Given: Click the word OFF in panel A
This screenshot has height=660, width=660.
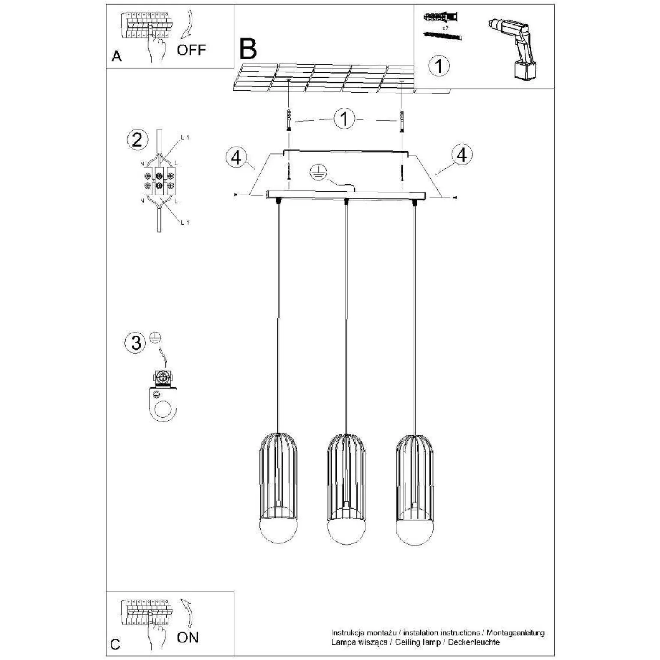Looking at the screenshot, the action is click(x=191, y=50).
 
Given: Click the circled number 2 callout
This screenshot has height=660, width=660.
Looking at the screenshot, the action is click(x=137, y=140).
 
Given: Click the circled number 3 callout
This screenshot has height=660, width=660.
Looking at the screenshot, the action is click(x=136, y=342).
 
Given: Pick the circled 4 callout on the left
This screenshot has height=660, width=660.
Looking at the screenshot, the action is click(x=236, y=158).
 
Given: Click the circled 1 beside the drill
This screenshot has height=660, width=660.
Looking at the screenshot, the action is click(x=439, y=66).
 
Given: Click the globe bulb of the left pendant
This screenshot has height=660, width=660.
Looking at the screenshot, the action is click(x=278, y=525).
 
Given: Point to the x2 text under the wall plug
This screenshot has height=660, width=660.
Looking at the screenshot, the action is click(x=445, y=27).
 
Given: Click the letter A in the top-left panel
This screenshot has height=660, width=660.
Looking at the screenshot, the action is click(x=117, y=57).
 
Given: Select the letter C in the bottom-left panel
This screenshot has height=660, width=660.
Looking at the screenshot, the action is click(x=115, y=645).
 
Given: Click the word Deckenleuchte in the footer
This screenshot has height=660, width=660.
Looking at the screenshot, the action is click(x=474, y=642).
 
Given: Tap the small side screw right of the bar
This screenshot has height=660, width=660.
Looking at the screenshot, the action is click(x=454, y=198).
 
